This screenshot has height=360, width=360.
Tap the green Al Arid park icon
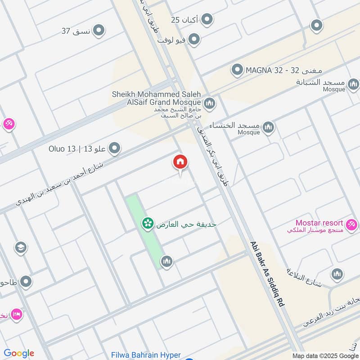tap(147, 223)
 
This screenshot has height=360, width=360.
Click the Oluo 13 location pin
tap(115, 148)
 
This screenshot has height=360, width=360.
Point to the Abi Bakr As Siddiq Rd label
tap(268, 274)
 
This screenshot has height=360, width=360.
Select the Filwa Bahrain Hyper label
tap(146, 355)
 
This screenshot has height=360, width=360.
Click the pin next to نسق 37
tap(99, 31)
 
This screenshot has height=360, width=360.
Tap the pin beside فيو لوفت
tap(194, 40)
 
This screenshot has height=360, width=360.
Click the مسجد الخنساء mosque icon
tap(269, 127)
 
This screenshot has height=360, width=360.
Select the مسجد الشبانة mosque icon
tap(354, 84)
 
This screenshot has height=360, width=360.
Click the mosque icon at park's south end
tap(167, 261)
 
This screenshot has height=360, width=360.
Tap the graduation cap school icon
tap(21, 247)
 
